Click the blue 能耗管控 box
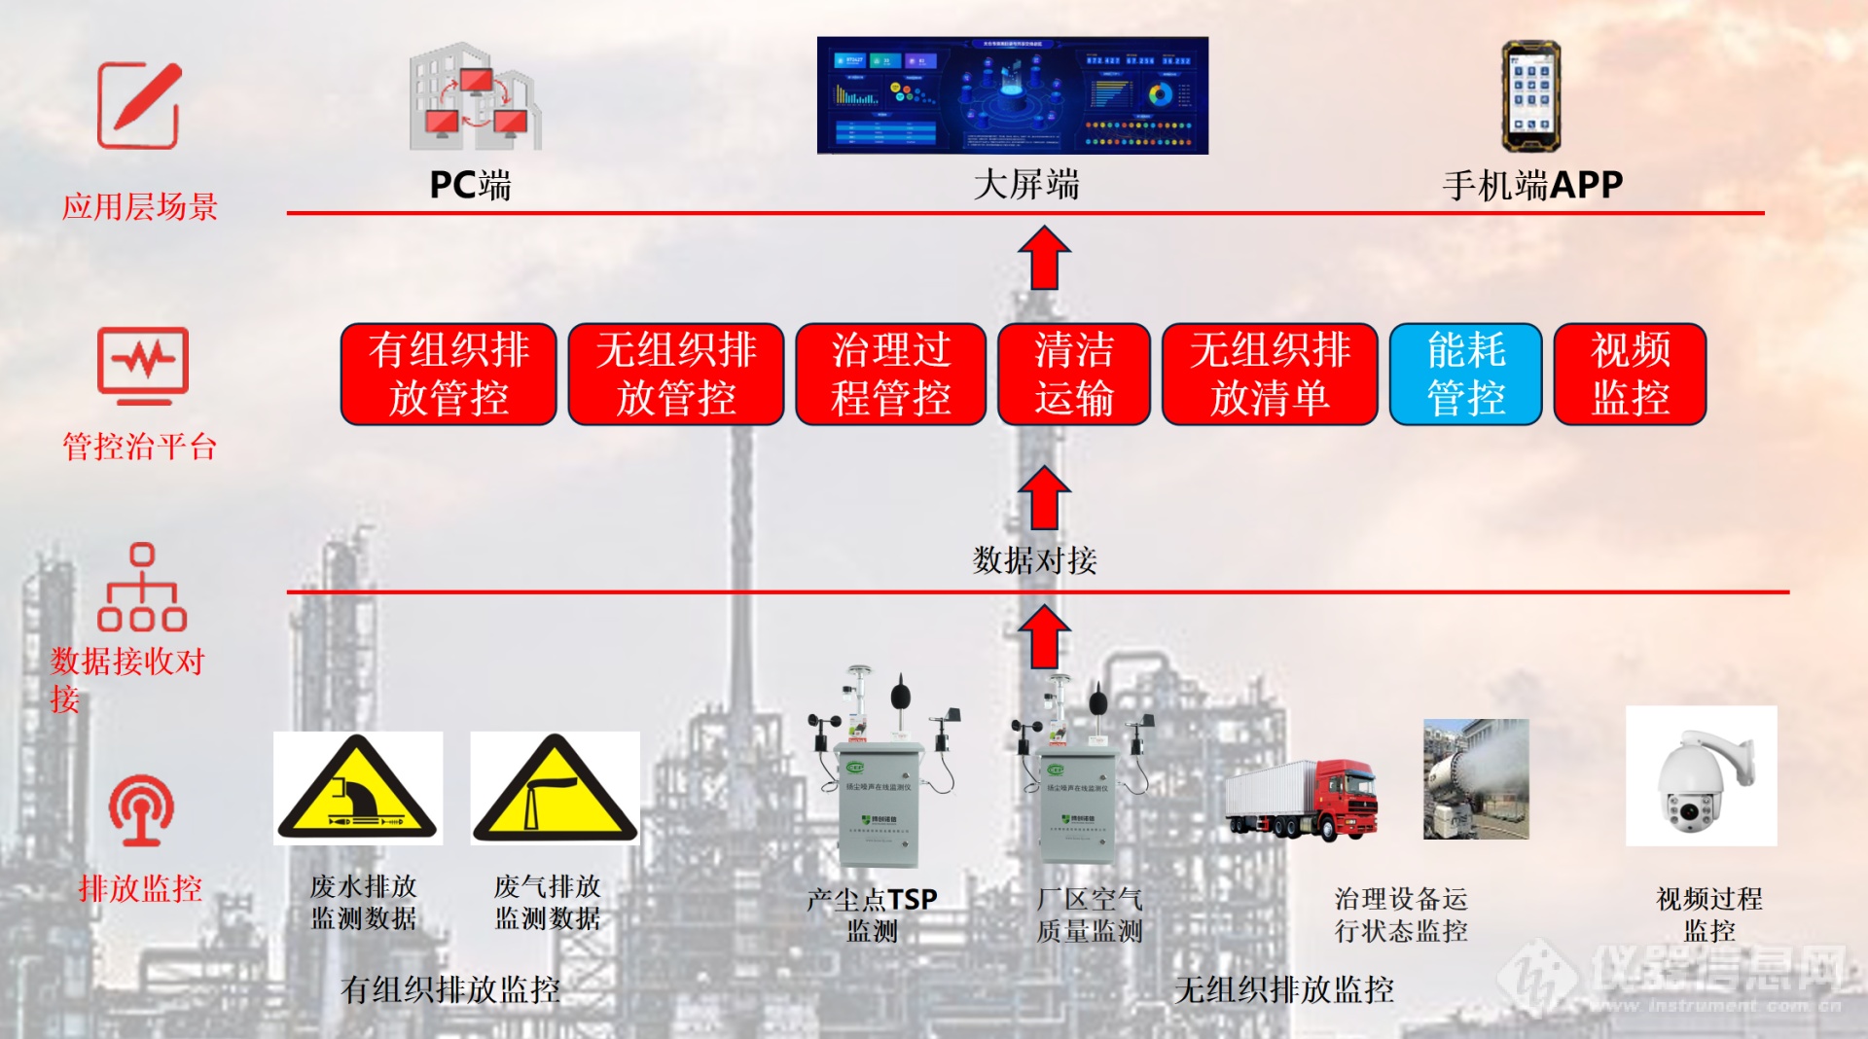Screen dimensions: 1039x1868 pyautogui.click(x=1465, y=375)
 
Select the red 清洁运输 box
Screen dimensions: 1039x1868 pyautogui.click(x=1073, y=375)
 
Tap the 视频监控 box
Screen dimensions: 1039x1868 pyautogui.click(x=1630, y=375)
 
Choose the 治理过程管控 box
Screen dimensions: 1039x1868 pyautogui.click(x=890, y=375)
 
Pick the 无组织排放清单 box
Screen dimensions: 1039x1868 pyautogui.click(x=1270, y=375)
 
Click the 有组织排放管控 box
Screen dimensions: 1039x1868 pyautogui.click(x=449, y=375)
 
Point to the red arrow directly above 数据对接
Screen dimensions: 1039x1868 pyautogui.click(x=1044, y=497)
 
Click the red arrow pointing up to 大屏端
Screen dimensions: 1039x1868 pyautogui.click(x=1044, y=259)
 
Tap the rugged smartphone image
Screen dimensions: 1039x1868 pyautogui.click(x=1530, y=96)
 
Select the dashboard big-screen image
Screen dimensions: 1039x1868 pyautogui.click(x=1012, y=95)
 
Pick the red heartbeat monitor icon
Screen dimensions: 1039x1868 pyautogui.click(x=143, y=366)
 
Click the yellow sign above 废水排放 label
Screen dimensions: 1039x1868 pyautogui.click(x=357, y=788)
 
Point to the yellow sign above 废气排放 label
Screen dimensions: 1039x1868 pyautogui.click(x=555, y=788)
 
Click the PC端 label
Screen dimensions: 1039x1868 pyautogui.click(x=470, y=185)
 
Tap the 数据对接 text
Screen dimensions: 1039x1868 pyautogui.click(x=1034, y=560)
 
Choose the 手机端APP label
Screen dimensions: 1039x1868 pyautogui.click(x=1532, y=185)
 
